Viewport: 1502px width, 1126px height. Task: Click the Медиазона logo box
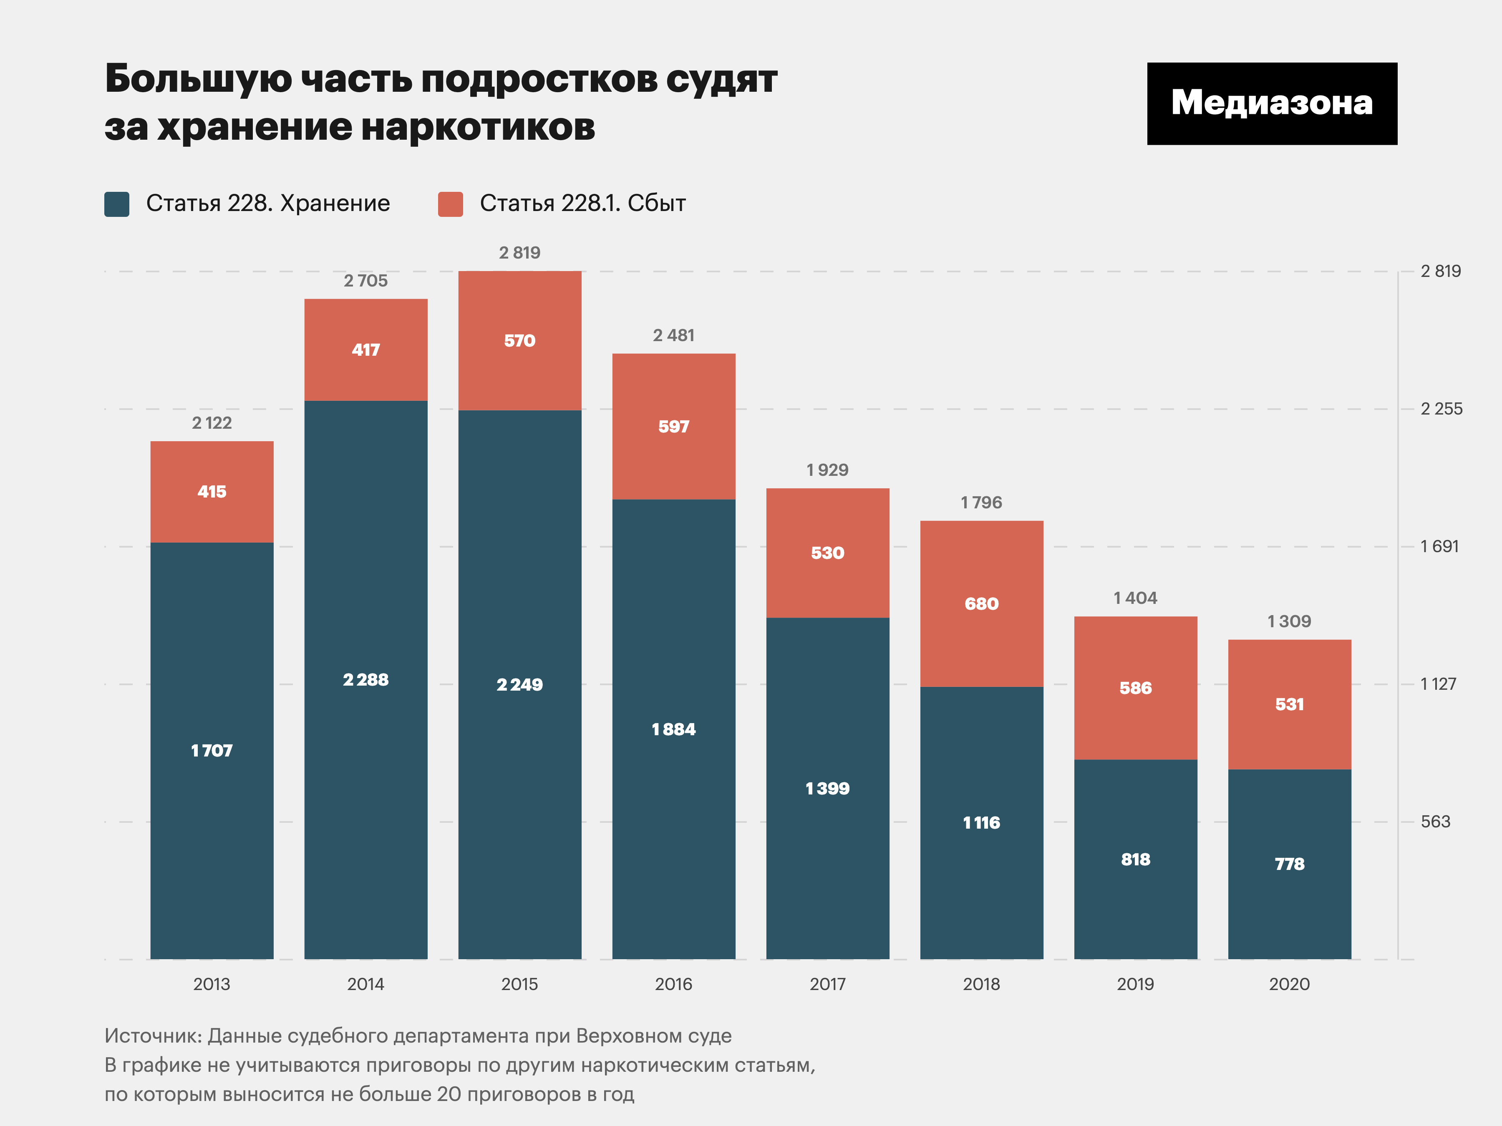(x=1272, y=103)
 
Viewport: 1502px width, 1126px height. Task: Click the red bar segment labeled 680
(x=981, y=603)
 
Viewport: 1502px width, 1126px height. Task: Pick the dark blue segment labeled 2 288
(x=365, y=679)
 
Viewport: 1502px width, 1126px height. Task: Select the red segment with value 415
(x=212, y=491)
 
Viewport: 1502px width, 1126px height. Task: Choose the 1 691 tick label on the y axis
(x=1439, y=546)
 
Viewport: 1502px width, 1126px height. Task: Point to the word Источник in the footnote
(x=153, y=1036)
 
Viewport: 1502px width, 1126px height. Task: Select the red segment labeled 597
(x=673, y=426)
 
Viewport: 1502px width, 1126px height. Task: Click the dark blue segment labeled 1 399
(x=827, y=788)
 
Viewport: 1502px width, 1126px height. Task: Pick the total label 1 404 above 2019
(x=1135, y=598)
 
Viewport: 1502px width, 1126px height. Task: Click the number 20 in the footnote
(x=449, y=1094)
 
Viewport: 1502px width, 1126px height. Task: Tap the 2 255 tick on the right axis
(x=1441, y=409)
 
